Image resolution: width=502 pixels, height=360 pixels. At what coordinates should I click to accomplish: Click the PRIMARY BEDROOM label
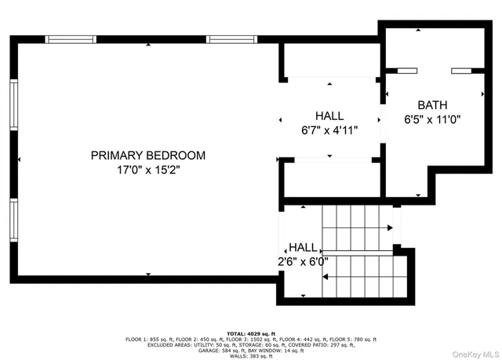click(148, 155)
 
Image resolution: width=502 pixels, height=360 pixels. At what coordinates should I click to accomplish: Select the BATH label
click(432, 104)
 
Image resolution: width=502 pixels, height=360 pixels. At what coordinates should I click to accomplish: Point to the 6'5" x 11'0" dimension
click(432, 120)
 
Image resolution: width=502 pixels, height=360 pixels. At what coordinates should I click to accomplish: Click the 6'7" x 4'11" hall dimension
click(329, 130)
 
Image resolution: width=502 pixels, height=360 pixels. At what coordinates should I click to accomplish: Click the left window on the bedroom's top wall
click(71, 38)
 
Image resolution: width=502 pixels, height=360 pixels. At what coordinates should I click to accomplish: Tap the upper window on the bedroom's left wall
click(13, 105)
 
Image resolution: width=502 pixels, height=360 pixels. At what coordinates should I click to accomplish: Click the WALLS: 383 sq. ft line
click(251, 357)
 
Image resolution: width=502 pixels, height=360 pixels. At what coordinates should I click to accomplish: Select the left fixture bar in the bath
click(407, 71)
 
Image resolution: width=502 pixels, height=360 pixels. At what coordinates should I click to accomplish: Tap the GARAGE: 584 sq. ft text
click(213, 351)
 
